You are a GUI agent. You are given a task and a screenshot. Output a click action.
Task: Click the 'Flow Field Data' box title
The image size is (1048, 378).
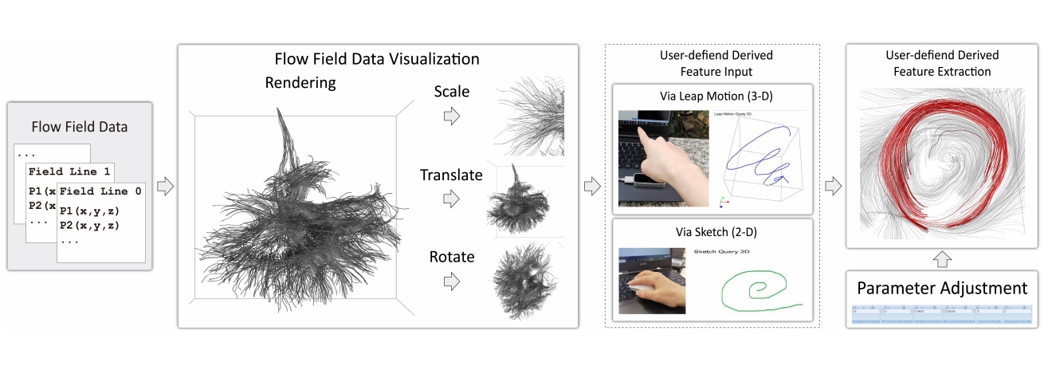tap(79, 126)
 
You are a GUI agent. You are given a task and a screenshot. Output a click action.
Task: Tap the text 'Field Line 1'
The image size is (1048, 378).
tap(69, 171)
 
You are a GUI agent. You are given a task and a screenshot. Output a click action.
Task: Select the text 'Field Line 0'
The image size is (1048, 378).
tap(100, 191)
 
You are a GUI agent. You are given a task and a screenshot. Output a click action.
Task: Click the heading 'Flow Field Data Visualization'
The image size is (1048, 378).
tap(377, 59)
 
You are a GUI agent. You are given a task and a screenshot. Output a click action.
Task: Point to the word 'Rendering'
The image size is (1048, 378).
tap(301, 82)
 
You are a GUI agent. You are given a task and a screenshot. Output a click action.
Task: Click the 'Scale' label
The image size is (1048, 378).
tap(452, 92)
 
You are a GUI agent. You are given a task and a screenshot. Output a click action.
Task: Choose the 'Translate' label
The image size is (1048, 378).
tap(452, 175)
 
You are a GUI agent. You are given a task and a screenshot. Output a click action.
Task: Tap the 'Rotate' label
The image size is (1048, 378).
tap(452, 257)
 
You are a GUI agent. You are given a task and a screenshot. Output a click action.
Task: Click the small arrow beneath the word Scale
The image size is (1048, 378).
tap(452, 117)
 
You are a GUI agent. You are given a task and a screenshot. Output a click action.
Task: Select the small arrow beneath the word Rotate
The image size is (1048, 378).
tap(452, 281)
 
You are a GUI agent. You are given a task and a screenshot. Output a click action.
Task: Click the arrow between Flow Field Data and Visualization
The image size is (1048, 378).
tap(165, 187)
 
